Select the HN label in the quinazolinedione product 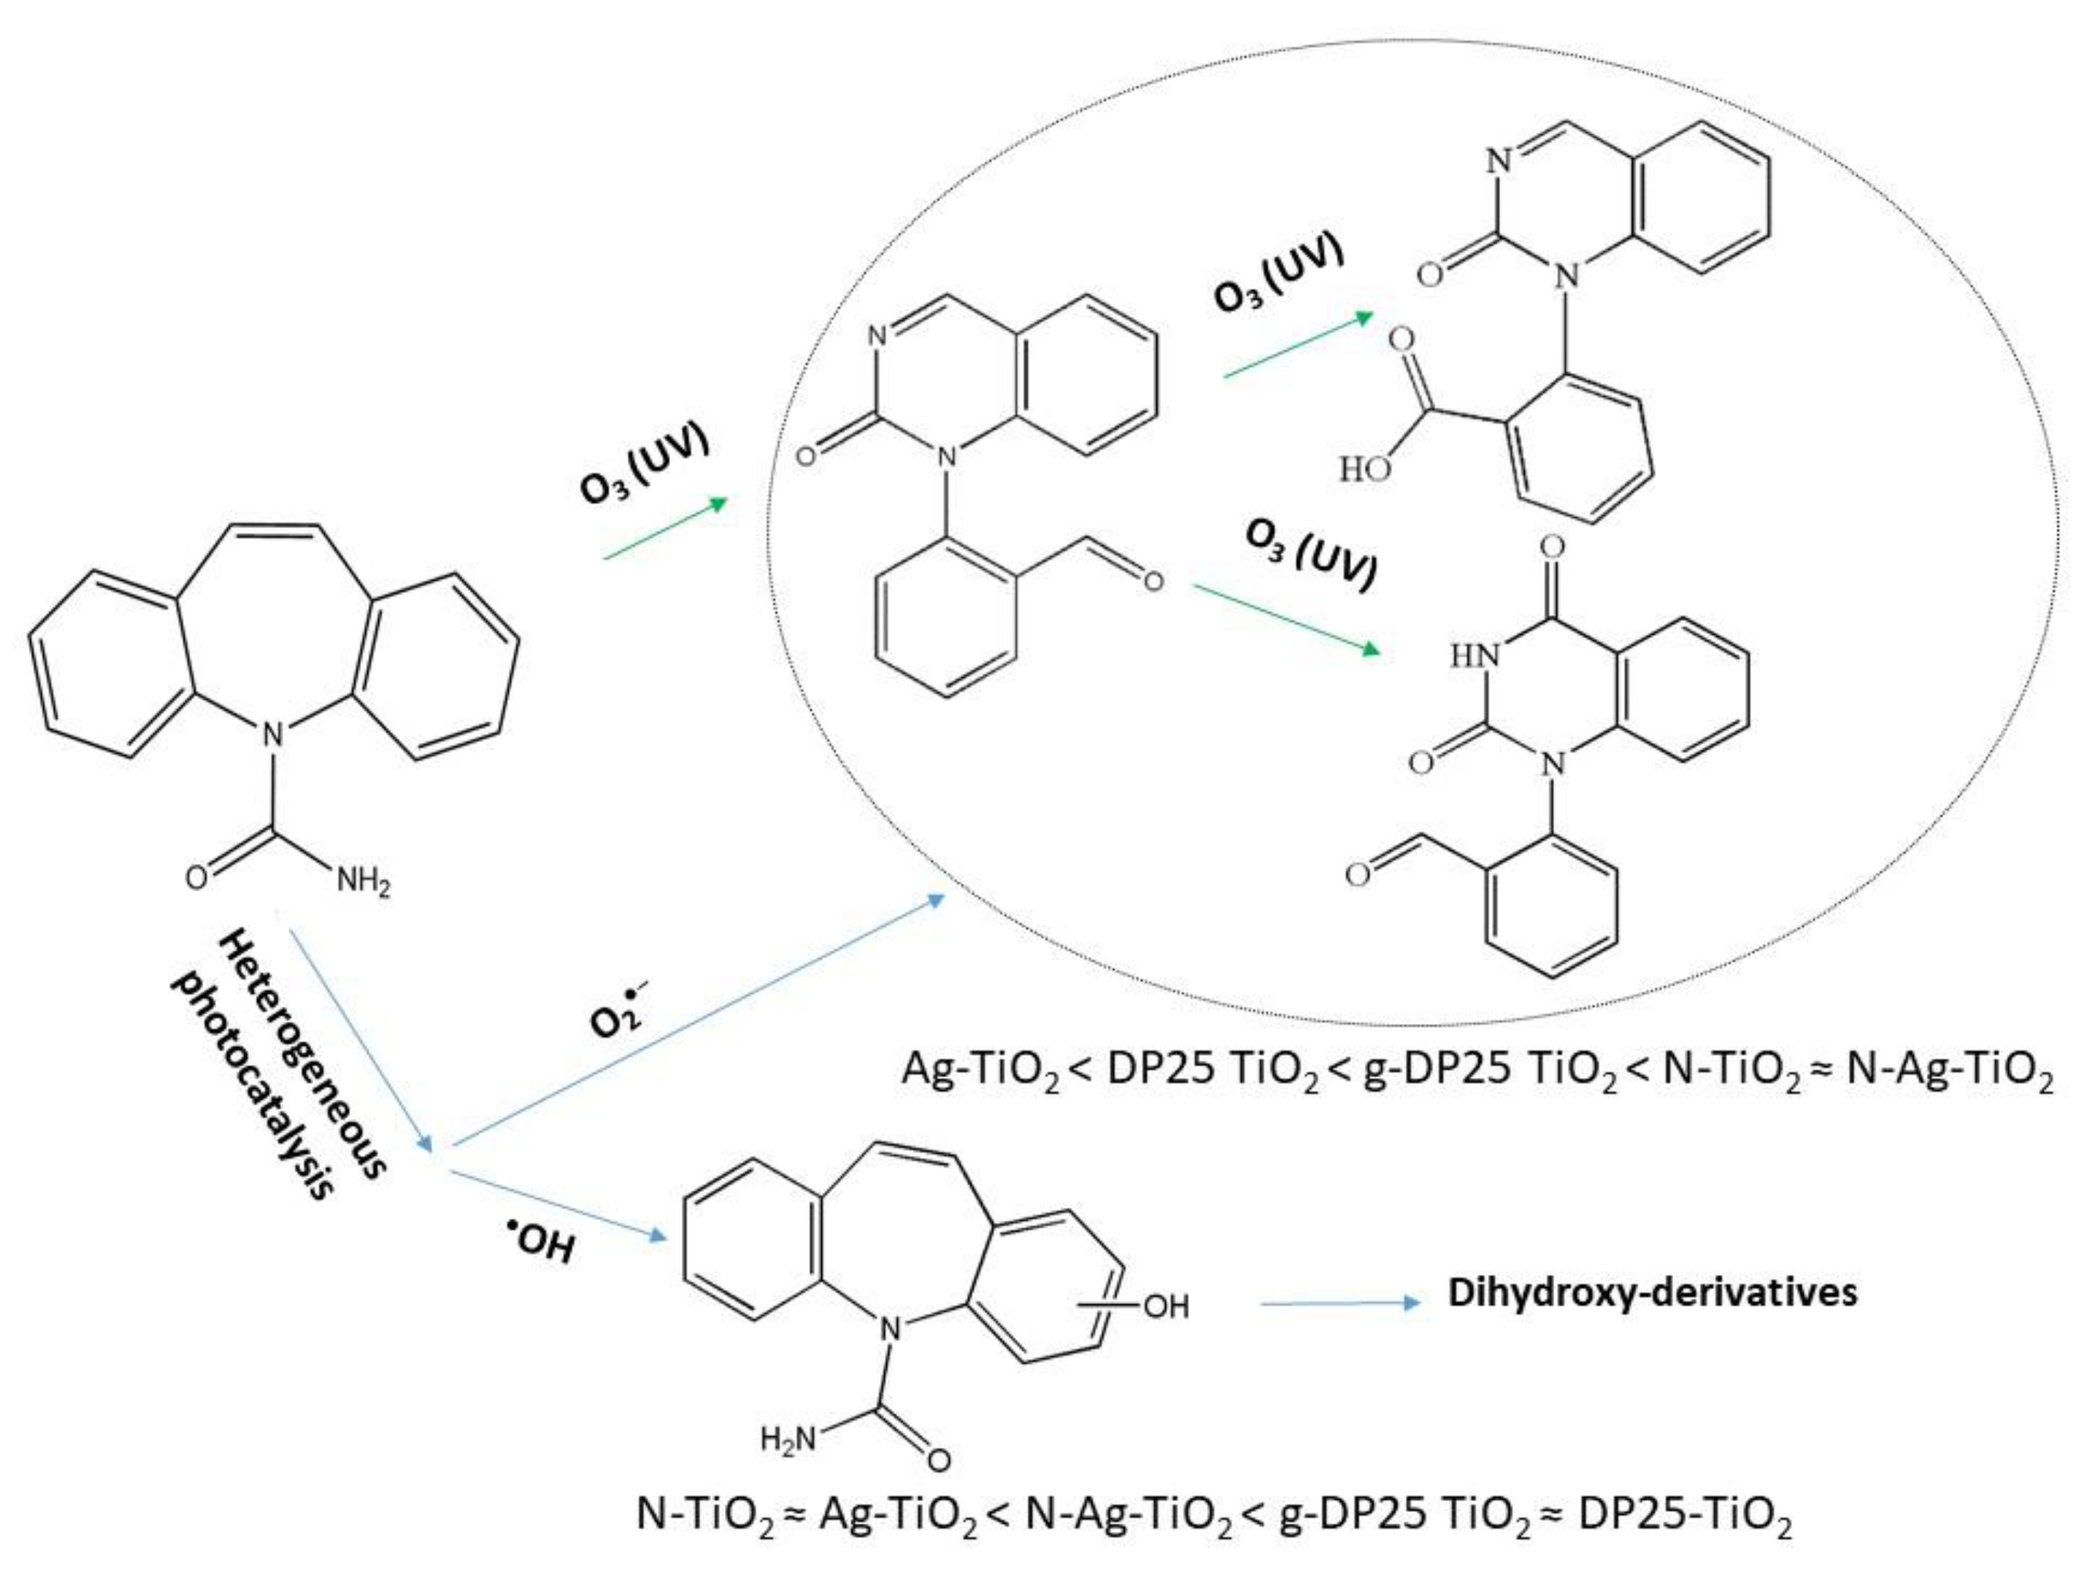(x=1475, y=655)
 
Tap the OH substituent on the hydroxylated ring (x=1167, y=1307)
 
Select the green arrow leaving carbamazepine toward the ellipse (x=665, y=529)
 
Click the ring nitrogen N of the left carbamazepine (x=273, y=733)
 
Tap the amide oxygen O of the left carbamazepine (x=195, y=878)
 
